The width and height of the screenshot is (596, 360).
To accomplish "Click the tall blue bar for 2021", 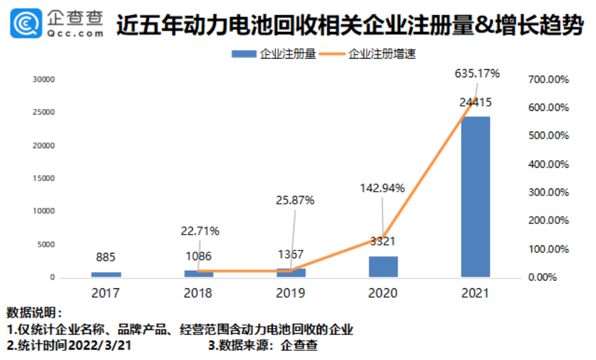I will point(475,196).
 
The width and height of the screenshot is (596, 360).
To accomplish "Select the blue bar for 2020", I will point(383,267).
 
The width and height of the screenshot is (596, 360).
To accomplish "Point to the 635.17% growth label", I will point(477,73).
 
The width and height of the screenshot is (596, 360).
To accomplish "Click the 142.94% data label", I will point(382,188).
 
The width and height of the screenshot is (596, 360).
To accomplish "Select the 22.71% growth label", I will point(199,231).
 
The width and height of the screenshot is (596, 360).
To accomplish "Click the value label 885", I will point(105,257).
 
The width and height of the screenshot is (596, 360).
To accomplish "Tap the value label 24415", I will point(475,102).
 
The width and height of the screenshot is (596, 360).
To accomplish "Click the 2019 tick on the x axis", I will point(291,293).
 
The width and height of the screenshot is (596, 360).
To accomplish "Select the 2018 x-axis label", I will point(198,293).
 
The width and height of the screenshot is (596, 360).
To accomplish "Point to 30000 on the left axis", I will point(43,80).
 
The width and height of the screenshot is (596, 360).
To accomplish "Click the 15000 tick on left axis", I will point(43,178).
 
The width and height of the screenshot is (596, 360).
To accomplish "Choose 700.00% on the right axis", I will point(548,80).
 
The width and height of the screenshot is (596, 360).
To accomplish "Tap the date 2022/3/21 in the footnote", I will point(99,345).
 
